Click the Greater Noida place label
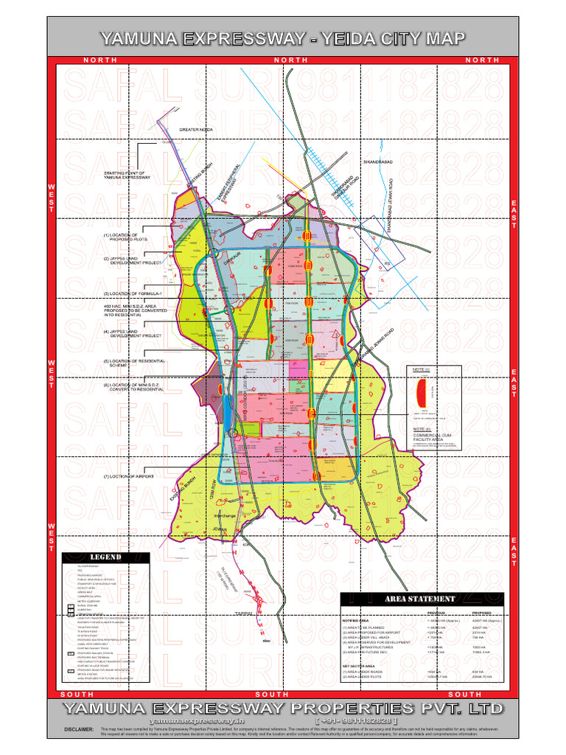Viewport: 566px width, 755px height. pyautogui.click(x=196, y=130)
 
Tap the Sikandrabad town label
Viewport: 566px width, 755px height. pyautogui.click(x=379, y=161)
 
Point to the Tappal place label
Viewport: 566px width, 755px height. pyautogui.click(x=245, y=613)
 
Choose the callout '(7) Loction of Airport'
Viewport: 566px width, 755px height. pyautogui.click(x=129, y=477)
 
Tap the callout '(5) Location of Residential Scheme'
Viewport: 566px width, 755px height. pyautogui.click(x=133, y=363)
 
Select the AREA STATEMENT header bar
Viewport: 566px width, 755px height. pyautogui.click(x=427, y=599)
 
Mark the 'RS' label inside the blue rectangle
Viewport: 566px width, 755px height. pyautogui.click(x=385, y=263)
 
